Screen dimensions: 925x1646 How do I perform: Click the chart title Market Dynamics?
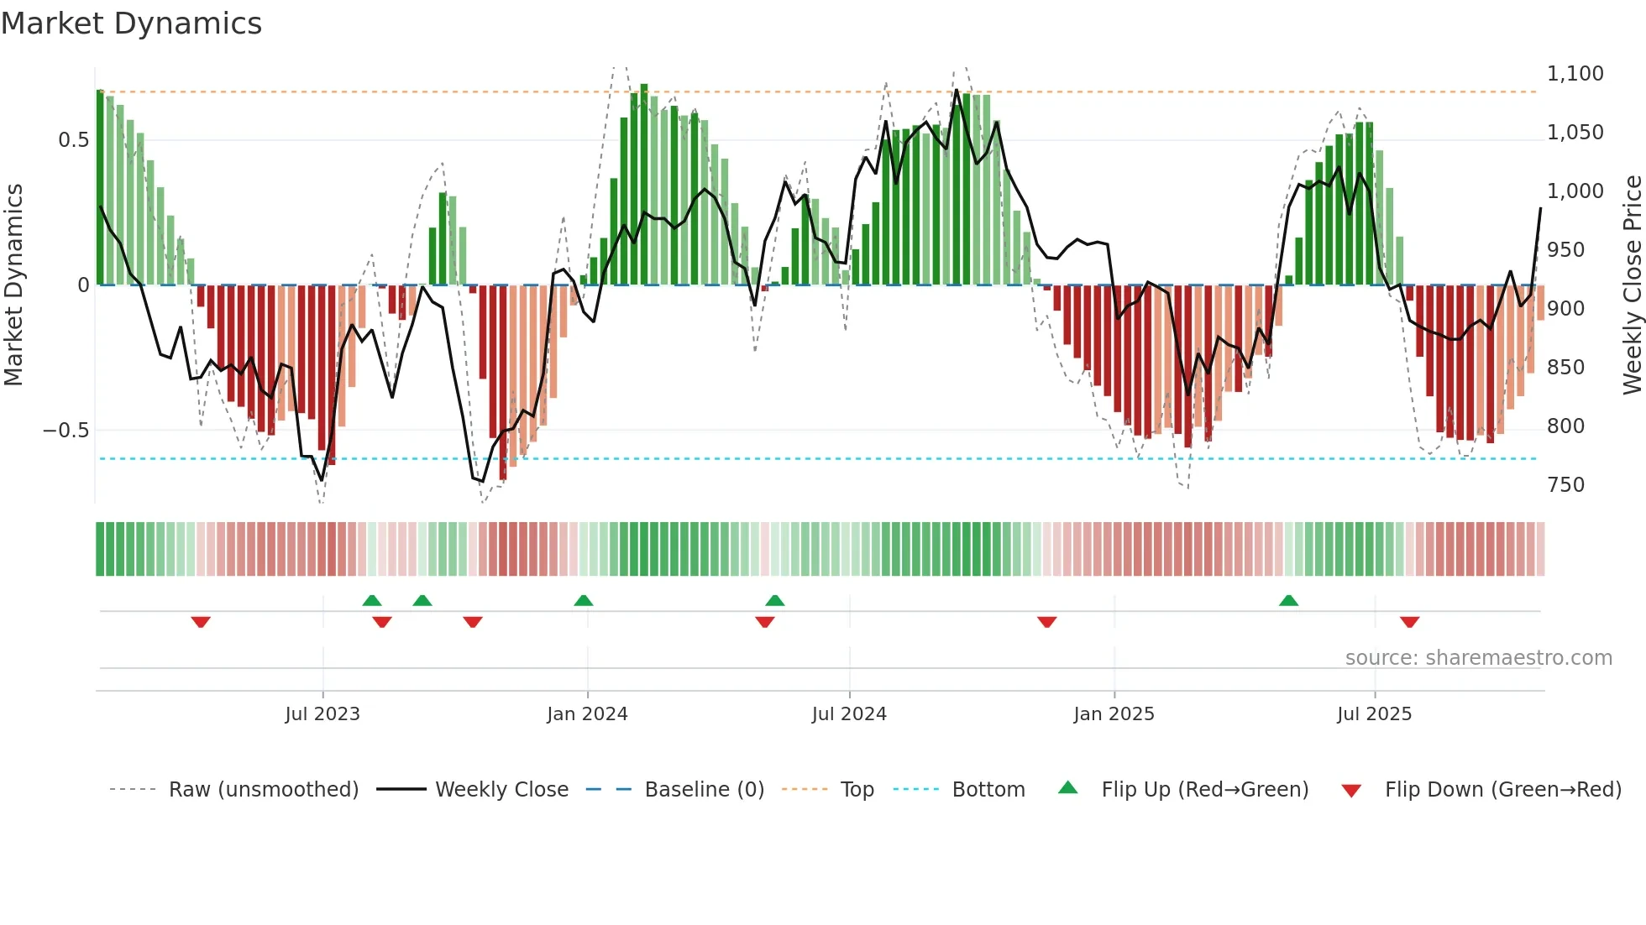tap(131, 24)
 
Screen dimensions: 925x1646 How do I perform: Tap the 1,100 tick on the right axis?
tap(1575, 74)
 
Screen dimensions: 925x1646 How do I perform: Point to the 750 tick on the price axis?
tap(1565, 485)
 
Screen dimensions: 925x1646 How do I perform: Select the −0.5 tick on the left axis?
tap(66, 431)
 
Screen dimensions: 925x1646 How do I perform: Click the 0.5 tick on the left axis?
tap(73, 140)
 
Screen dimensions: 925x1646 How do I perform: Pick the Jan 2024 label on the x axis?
tap(587, 714)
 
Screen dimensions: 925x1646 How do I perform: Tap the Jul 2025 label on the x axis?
tap(1374, 714)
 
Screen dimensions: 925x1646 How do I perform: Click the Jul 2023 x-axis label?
tap(322, 714)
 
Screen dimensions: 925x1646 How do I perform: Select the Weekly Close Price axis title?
tap(1632, 285)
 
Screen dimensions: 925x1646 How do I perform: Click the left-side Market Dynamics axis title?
tap(14, 285)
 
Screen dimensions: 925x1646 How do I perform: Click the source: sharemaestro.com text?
tap(1478, 658)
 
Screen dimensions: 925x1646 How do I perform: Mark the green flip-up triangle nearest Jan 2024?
tap(584, 600)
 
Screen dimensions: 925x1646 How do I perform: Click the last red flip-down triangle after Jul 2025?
tap(1409, 622)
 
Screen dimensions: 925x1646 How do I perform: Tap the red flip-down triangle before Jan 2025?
tap(1046, 622)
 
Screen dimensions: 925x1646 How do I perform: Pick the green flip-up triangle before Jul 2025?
tap(1288, 600)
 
